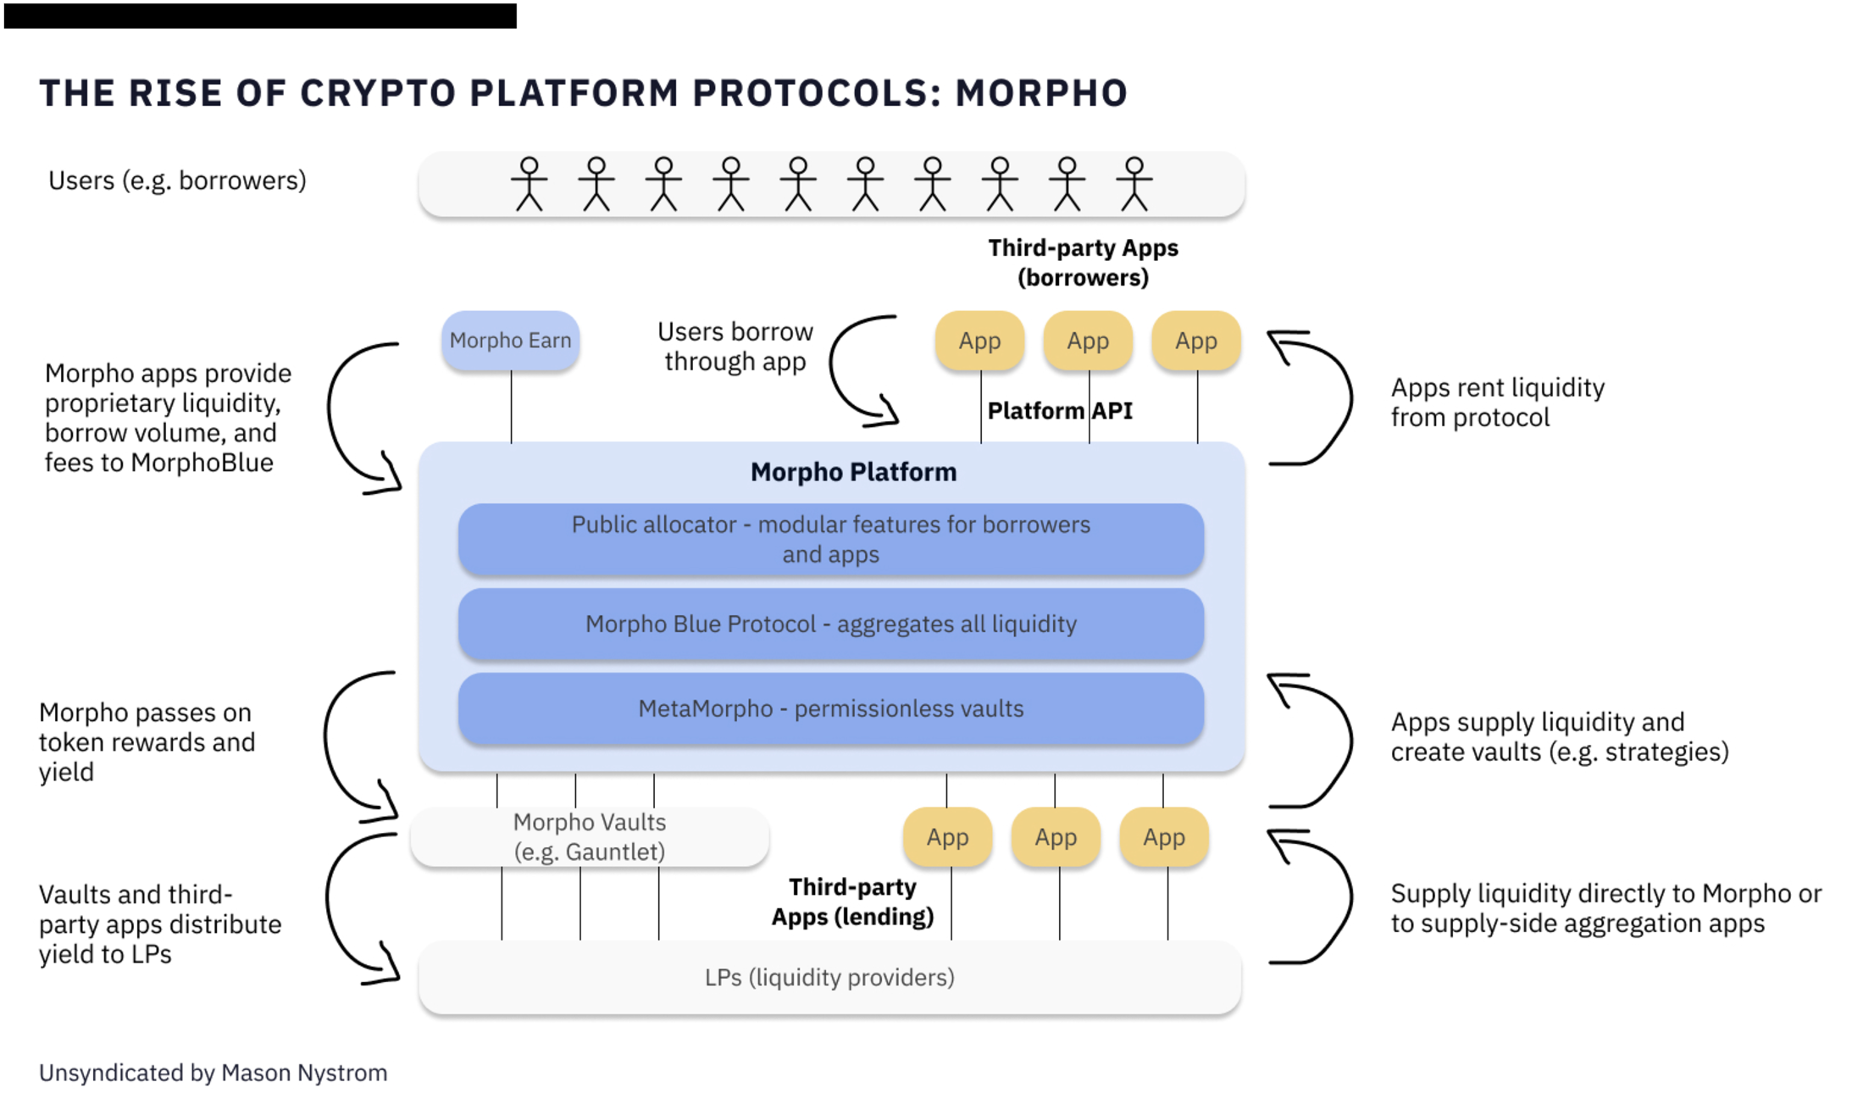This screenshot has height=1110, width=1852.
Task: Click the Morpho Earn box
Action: (x=510, y=341)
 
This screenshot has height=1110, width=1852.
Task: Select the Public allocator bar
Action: (x=830, y=539)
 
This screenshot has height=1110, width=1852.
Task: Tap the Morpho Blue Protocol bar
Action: (x=830, y=624)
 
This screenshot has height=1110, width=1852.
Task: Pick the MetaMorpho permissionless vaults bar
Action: (x=830, y=708)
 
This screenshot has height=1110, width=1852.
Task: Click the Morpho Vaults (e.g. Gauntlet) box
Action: (x=590, y=837)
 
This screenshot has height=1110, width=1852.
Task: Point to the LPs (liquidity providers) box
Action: (x=829, y=978)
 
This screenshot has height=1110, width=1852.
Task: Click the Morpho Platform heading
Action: (x=853, y=472)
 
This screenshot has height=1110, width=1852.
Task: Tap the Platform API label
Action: (x=1060, y=411)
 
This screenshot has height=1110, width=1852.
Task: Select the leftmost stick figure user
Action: (x=530, y=184)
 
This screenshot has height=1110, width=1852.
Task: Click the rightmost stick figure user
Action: (x=1134, y=184)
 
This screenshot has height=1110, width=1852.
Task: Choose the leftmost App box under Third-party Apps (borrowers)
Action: (x=979, y=341)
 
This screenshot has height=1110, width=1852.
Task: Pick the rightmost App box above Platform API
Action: (x=1195, y=341)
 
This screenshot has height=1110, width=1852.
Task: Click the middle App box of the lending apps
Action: (x=1056, y=837)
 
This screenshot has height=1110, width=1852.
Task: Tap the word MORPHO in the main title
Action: (x=1041, y=93)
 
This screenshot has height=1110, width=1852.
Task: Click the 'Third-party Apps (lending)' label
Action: (x=852, y=902)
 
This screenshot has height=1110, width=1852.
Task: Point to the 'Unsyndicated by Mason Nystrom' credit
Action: (x=213, y=1073)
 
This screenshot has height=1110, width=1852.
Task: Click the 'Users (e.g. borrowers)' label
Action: (x=177, y=180)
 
